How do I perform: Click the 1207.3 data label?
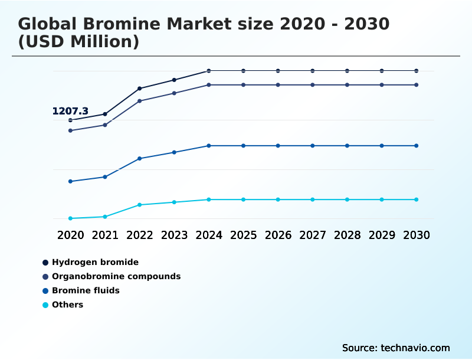70,111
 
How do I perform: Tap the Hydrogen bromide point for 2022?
140,89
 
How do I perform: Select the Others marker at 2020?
70,218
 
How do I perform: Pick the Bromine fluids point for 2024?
209,146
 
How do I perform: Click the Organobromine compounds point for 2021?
105,125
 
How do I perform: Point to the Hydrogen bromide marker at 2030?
417,71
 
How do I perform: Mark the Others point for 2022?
140,205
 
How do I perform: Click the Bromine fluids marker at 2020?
70,181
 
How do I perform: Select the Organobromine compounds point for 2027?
313,85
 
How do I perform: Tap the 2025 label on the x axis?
243,235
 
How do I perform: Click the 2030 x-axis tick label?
417,235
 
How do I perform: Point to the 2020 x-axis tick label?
70,235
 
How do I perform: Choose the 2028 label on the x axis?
347,235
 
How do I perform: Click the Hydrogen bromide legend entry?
95,262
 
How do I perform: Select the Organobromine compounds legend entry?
116,276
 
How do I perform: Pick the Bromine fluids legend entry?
86,290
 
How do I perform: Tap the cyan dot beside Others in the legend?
45,305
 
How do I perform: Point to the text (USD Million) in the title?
78,42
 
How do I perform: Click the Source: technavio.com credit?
396,348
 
